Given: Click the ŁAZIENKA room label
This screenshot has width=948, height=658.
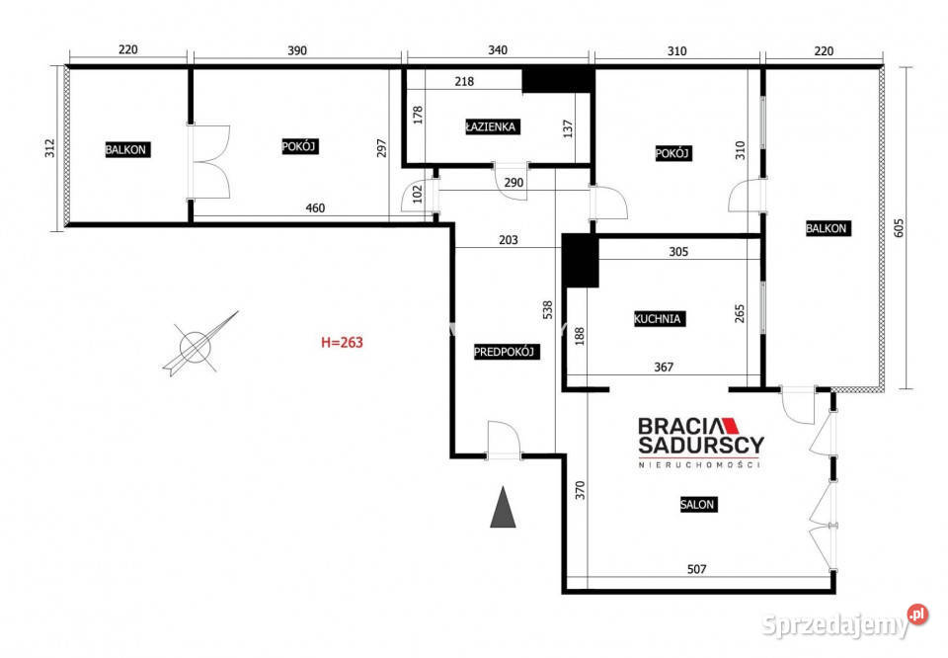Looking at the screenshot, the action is pyautogui.click(x=492, y=127).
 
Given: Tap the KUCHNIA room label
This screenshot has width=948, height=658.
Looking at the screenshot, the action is pyautogui.click(x=658, y=319).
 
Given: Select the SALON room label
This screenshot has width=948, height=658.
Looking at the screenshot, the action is pyautogui.click(x=698, y=505).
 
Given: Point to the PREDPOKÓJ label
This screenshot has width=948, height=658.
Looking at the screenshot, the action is pyautogui.click(x=505, y=352).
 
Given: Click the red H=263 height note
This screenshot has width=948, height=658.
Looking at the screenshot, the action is pyautogui.click(x=343, y=342).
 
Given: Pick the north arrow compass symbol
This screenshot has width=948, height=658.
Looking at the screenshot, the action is pyautogui.click(x=198, y=345).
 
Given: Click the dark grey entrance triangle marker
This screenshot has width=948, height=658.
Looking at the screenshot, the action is pyautogui.click(x=503, y=507).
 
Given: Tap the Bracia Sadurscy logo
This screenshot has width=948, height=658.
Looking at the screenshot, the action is pyautogui.click(x=701, y=443).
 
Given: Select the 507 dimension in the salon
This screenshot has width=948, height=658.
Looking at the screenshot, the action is pyautogui.click(x=696, y=569).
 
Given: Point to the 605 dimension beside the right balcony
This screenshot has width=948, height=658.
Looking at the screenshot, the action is pyautogui.click(x=899, y=228).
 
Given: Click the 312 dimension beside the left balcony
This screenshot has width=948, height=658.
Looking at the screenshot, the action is pyautogui.click(x=49, y=148).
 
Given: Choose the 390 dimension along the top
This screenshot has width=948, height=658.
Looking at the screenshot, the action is pyautogui.click(x=297, y=50).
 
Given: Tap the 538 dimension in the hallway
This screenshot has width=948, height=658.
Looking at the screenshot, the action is pyautogui.click(x=548, y=310).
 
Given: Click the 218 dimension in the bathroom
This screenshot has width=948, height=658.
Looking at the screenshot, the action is pyautogui.click(x=464, y=82).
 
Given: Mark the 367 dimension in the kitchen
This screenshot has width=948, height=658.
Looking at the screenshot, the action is pyautogui.click(x=664, y=368).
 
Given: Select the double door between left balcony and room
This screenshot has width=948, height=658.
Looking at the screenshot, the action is pyautogui.click(x=209, y=162).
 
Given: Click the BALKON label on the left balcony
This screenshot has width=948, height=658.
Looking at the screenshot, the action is pyautogui.click(x=125, y=150).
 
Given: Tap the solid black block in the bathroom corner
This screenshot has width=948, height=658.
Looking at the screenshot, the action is pyautogui.click(x=557, y=80).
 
